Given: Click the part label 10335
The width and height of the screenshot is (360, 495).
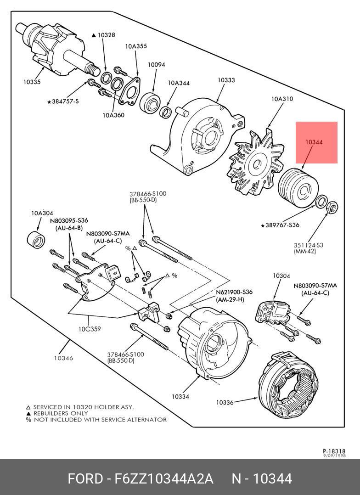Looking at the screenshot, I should (32, 82).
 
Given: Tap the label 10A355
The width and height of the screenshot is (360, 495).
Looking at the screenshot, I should (136, 46).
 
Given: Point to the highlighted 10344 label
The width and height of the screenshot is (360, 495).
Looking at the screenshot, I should (314, 142).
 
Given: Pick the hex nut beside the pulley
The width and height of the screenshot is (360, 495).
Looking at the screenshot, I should (332, 208).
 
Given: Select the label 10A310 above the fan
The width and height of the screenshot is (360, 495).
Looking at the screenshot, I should (282, 99).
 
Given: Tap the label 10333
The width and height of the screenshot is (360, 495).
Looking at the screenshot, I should (226, 80).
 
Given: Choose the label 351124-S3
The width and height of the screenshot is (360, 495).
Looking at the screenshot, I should (309, 245).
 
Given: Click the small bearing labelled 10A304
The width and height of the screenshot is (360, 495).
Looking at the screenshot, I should (36, 239).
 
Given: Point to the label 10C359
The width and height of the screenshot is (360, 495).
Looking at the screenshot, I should (89, 329).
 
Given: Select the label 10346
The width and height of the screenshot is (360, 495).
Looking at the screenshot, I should (63, 358).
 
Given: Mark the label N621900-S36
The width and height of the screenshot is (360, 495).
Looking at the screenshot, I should (234, 292).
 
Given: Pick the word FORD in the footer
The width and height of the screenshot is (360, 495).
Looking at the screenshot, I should (85, 479).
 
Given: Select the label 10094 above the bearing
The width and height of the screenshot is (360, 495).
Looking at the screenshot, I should (156, 65).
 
